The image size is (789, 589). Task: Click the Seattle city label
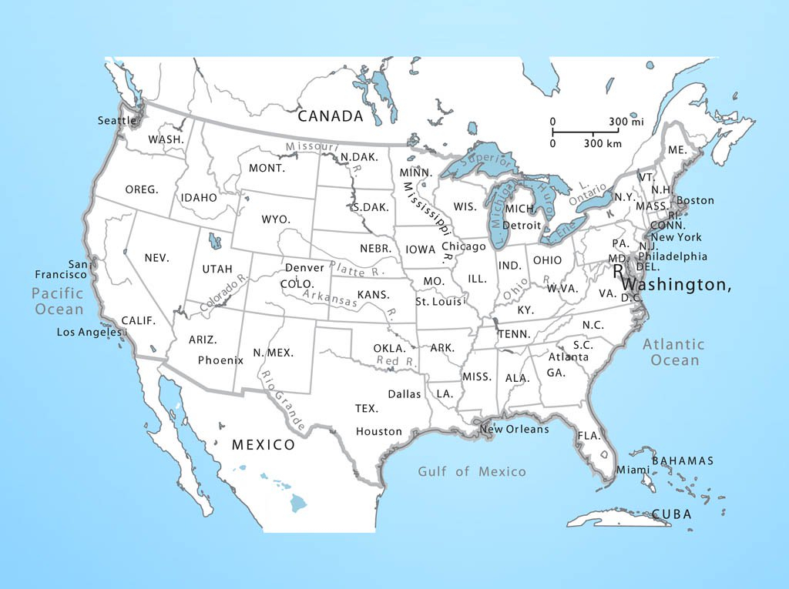[x=117, y=121]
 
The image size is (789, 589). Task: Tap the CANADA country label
[x=330, y=116]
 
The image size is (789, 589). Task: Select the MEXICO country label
[x=264, y=445]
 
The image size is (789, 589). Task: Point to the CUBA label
[x=671, y=514]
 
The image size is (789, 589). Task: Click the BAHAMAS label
[x=683, y=461]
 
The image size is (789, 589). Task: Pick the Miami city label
[x=633, y=470]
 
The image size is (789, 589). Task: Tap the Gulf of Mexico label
[x=472, y=471]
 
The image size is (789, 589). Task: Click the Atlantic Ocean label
[x=674, y=352]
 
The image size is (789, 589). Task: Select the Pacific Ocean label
[x=58, y=301]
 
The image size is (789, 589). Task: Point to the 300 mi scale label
[x=626, y=122]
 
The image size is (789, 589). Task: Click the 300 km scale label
[x=603, y=144]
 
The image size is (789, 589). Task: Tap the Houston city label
[x=379, y=432]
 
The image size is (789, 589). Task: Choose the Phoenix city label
[x=220, y=360]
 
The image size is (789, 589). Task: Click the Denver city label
[x=304, y=268]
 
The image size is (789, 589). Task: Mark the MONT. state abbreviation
[x=267, y=168]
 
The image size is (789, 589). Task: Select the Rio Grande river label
[x=284, y=401]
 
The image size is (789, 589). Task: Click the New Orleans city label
[x=514, y=430]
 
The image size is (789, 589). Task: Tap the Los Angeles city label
[x=90, y=333]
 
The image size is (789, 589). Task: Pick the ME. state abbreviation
[x=677, y=149]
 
